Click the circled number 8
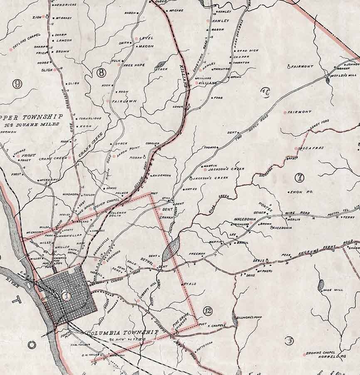click(x=101, y=73)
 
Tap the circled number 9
click(x=17, y=84)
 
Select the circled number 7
click(x=299, y=178)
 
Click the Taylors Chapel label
click(x=28, y=47)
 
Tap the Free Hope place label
click(x=134, y=65)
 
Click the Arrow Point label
click(x=128, y=156)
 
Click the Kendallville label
click(x=101, y=244)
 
